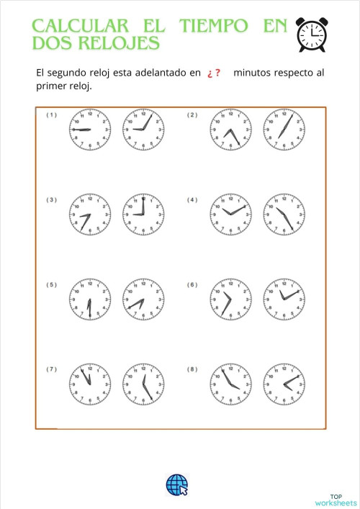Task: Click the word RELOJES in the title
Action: point(122,43)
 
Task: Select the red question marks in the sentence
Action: point(213,73)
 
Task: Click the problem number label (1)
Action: point(52,115)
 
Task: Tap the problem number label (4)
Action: point(192,200)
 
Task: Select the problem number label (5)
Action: point(52,285)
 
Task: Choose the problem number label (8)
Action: point(192,369)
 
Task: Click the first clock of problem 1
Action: point(89,130)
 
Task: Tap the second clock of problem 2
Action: point(284,130)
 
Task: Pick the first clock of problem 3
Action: point(89,215)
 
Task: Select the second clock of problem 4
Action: point(284,215)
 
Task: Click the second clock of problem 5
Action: point(144,299)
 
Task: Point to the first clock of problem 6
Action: point(230,299)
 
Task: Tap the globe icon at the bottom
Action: point(176,485)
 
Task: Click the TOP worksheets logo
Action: point(336,499)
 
